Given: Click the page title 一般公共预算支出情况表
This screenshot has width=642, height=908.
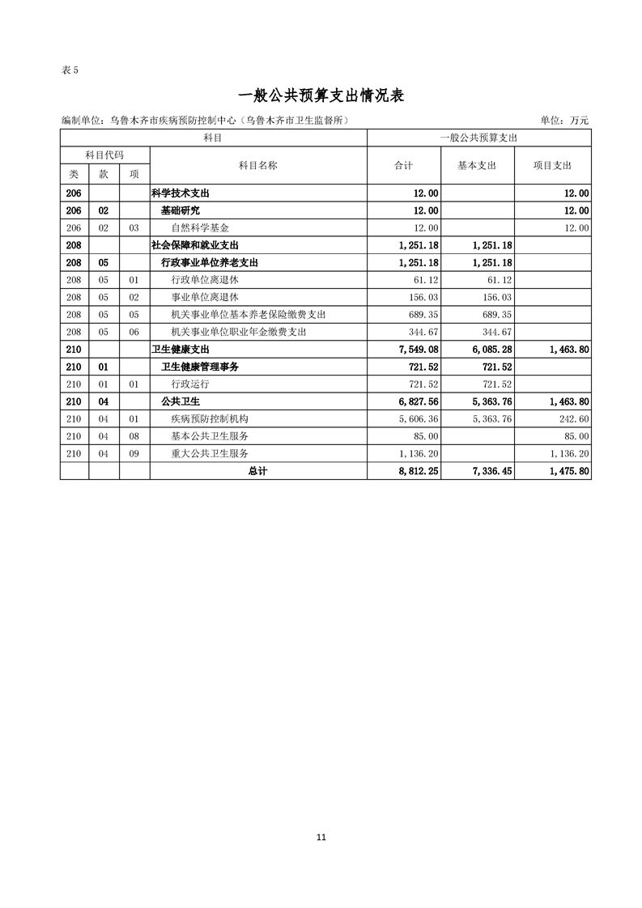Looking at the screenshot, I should pos(321,95).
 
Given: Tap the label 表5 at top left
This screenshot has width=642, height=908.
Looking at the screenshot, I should pos(70,70).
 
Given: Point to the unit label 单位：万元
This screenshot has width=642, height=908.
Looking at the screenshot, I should pos(564,121).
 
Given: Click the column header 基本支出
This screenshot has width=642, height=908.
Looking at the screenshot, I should pos(477,165).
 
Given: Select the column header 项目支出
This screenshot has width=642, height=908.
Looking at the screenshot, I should pos(552,165).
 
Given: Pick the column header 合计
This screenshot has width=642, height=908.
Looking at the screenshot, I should pos(403,165).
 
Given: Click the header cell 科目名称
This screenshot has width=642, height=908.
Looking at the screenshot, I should pos(258,165).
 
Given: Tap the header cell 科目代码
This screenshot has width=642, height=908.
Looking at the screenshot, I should pos(104,154).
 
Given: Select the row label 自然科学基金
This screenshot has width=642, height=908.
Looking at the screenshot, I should pos(200,228).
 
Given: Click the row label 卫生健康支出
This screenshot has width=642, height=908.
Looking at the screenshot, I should pos(181,349).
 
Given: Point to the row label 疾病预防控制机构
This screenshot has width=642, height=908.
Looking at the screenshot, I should pos(210,418).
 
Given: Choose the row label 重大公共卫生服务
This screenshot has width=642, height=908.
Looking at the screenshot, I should pos(210,453).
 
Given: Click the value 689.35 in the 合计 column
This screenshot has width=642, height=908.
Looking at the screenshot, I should pos(424,314).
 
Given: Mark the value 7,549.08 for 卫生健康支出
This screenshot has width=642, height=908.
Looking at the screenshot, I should pos(419,349).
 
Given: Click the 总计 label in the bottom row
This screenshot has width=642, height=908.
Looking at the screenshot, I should pos(258,470).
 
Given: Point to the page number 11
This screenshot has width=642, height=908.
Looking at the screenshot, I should pos(321,837).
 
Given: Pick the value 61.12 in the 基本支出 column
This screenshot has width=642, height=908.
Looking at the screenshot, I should pos(499,279).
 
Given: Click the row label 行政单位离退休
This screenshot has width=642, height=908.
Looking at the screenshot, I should pos(205,279).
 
